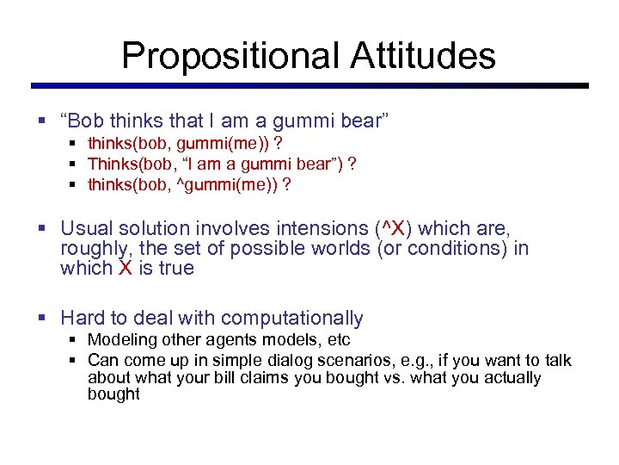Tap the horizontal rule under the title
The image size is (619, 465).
pos(309,85)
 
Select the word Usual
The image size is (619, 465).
pos(86,228)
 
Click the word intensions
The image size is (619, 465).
pos(318,228)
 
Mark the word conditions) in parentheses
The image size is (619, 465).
pos(468,248)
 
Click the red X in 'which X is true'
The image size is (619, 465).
pos(125,268)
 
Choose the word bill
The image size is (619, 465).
pos(224,377)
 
